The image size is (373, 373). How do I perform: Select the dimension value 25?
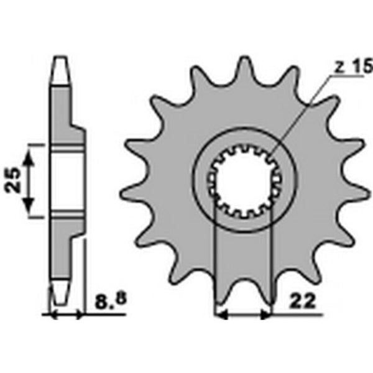pos(17,180)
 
